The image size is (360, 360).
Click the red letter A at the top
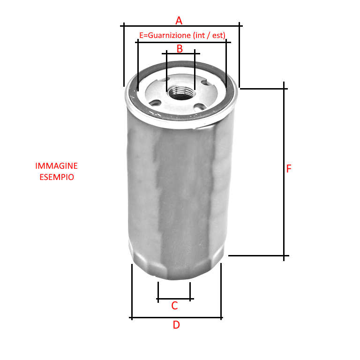coord(179,21)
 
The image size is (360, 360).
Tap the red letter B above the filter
coord(180,49)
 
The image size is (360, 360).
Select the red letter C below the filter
coord(174,306)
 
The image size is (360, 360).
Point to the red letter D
coord(176,325)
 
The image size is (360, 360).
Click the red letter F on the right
coord(289,169)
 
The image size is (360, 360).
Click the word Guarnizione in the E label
coord(169,35)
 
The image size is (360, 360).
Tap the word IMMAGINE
coord(56,166)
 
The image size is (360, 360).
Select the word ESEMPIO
coord(57,177)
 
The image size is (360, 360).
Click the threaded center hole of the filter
coord(181,92)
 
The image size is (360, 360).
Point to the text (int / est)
coord(209,35)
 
